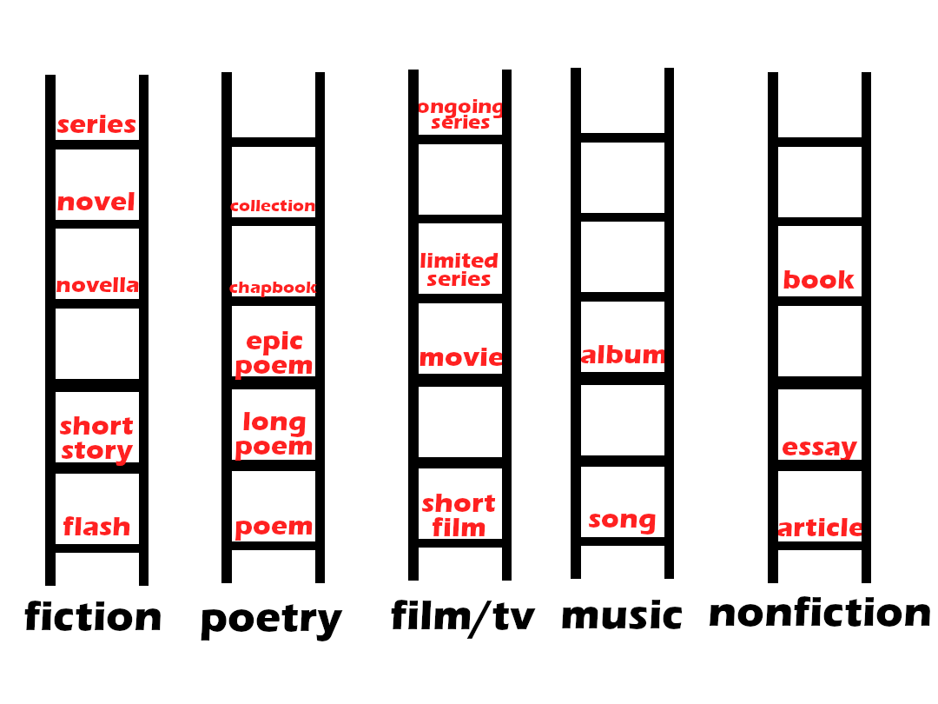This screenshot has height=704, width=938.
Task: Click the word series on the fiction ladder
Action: (96, 125)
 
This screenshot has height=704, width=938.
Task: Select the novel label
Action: (96, 203)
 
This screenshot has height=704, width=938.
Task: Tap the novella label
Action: (97, 285)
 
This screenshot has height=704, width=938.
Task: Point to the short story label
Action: (96, 438)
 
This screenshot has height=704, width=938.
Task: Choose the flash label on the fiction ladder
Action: (96, 527)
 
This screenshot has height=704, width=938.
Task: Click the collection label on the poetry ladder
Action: (273, 206)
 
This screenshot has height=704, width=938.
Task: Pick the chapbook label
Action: (273, 288)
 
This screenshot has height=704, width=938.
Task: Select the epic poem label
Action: (274, 354)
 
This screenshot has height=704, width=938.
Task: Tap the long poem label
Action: (274, 435)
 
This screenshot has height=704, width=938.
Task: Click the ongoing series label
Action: (460, 114)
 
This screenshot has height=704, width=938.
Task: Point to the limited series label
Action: (459, 269)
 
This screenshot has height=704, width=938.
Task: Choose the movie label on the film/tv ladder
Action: (460, 358)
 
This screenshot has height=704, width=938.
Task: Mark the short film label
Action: (459, 515)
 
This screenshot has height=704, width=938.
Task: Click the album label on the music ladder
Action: (623, 355)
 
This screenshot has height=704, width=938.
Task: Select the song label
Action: (622, 521)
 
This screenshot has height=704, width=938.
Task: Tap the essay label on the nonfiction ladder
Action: (819, 448)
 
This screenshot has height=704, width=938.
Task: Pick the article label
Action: (820, 528)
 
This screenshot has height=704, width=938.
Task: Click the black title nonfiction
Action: (819, 613)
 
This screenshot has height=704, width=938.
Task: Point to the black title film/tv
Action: (462, 616)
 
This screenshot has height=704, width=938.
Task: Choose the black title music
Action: (622, 615)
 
